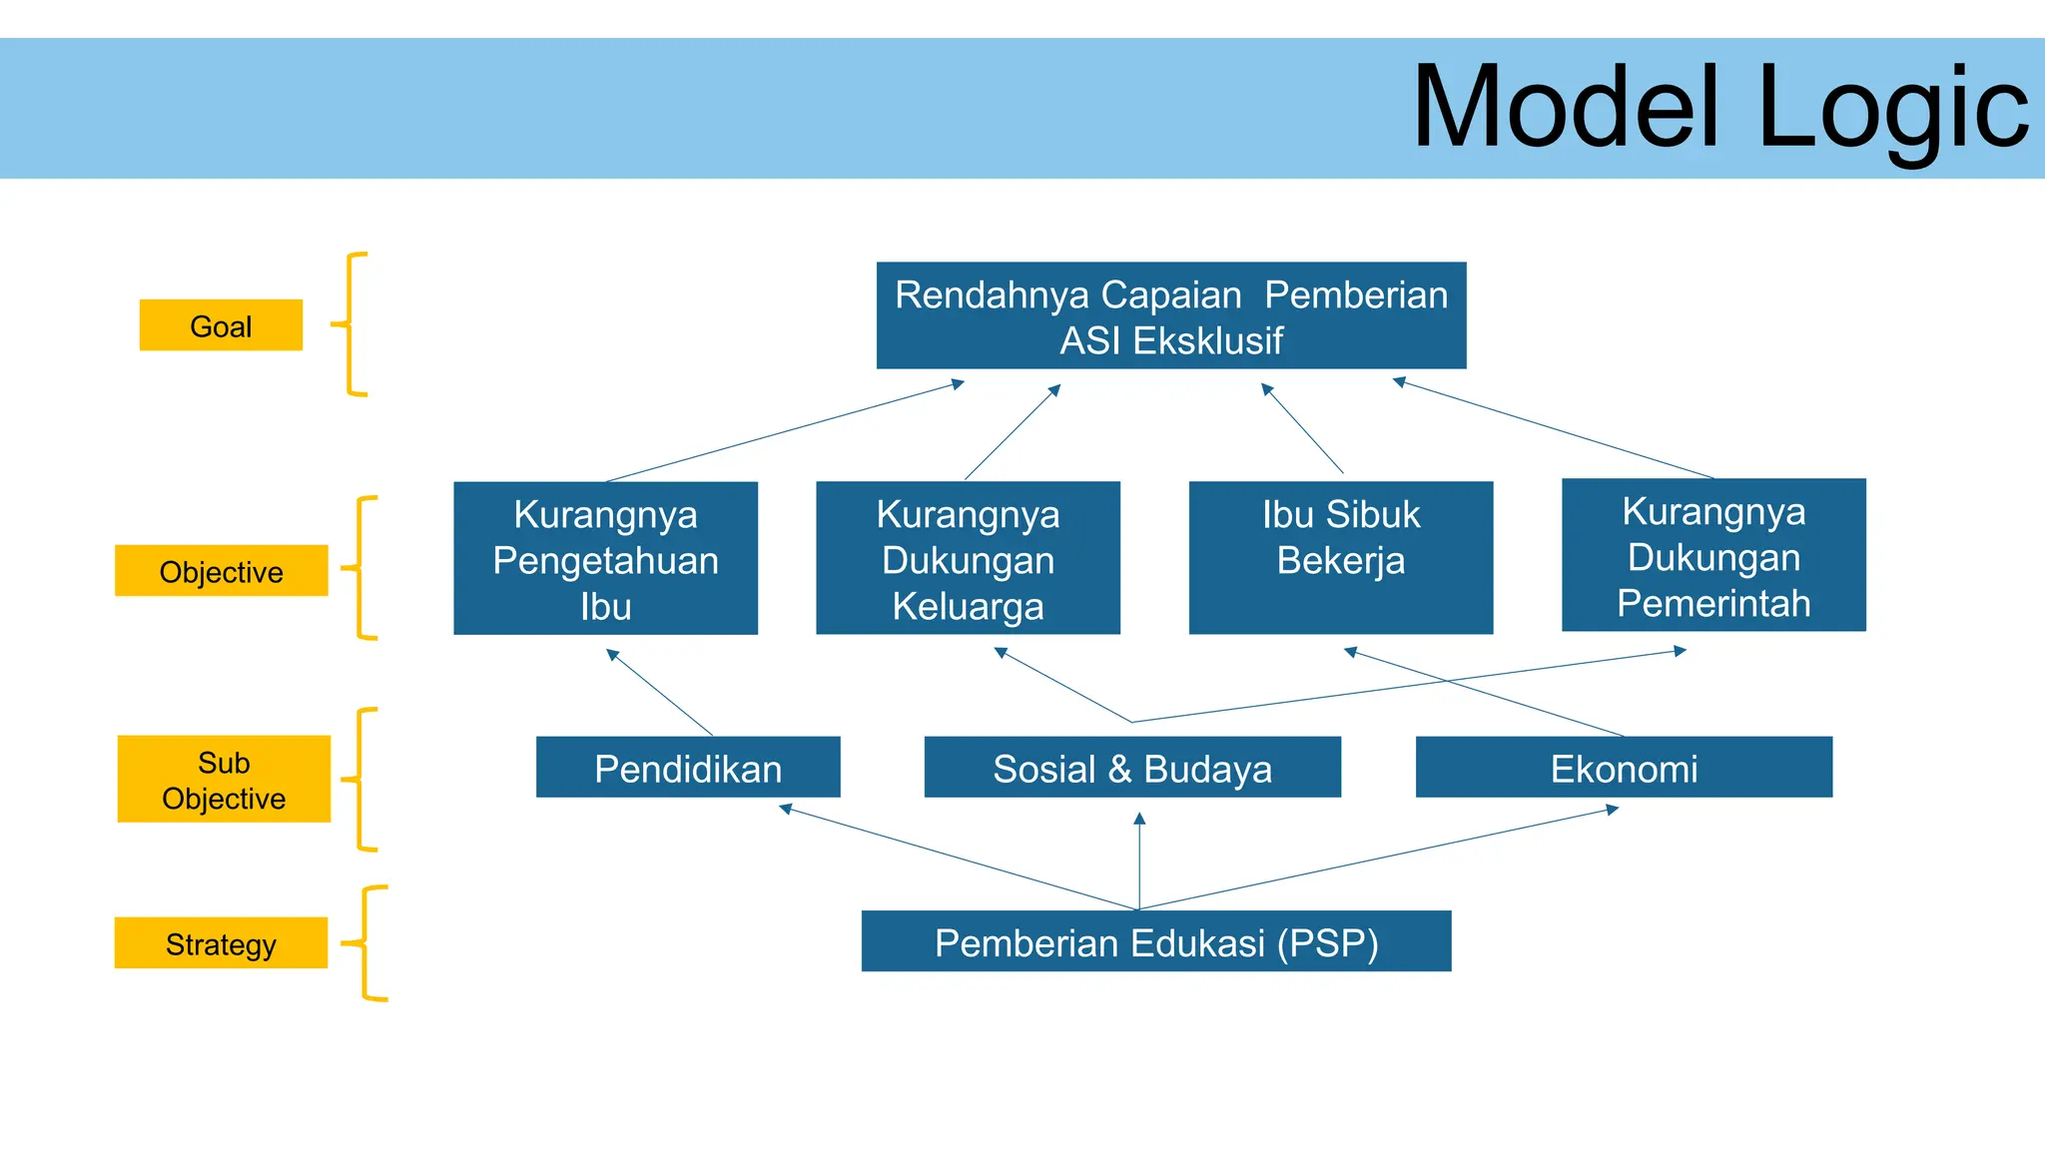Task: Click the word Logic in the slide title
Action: (1891, 108)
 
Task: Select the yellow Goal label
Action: (221, 325)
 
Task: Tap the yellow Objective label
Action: (221, 571)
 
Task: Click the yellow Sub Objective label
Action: (224, 780)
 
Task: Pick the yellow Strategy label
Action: (221, 943)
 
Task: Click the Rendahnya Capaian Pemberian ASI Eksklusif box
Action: (1170, 316)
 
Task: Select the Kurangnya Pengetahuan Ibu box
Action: (605, 559)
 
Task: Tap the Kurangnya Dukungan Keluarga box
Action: (968, 559)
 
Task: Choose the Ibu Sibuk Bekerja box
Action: (1340, 559)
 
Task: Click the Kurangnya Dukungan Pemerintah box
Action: (1713, 556)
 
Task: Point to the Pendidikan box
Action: (688, 768)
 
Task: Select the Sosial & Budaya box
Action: (1132, 768)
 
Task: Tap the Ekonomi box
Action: (1624, 768)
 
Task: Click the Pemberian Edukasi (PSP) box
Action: (1156, 941)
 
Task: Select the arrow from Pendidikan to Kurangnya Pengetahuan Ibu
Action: (660, 693)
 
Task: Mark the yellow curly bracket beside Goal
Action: (351, 324)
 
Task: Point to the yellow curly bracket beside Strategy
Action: (369, 942)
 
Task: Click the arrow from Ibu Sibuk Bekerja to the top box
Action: (1303, 429)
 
